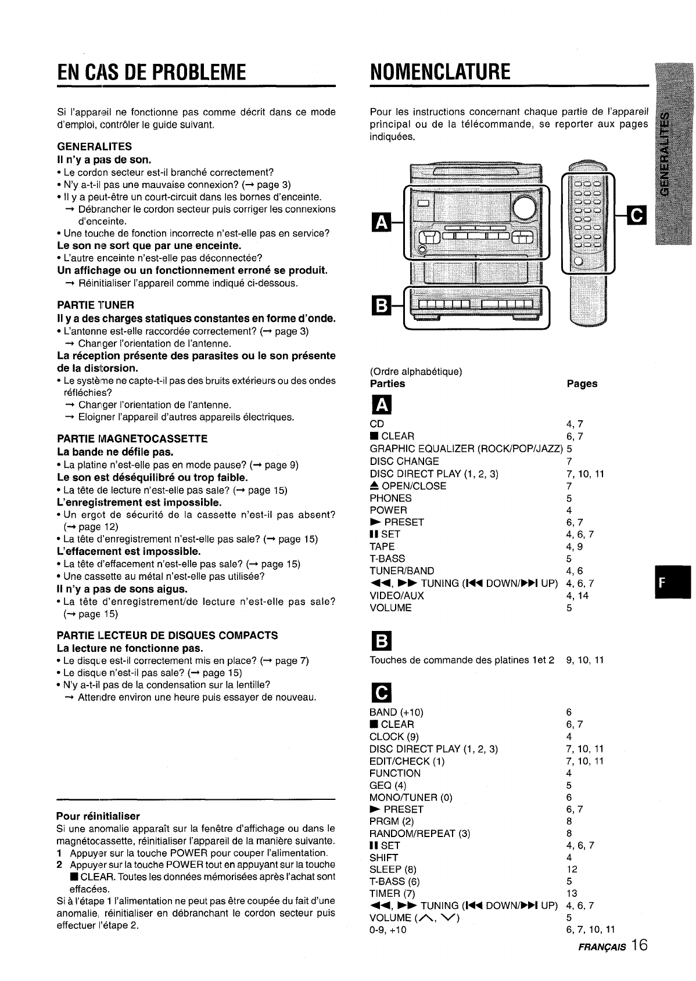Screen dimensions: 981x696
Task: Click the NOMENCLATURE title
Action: click(x=440, y=72)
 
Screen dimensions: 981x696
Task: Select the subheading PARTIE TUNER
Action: click(x=96, y=305)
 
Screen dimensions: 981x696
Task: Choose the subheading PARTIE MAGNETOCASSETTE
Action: click(x=132, y=438)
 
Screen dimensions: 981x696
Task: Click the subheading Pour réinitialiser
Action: click(x=98, y=816)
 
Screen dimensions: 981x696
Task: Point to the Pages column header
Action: click(x=582, y=384)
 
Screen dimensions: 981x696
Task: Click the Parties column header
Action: click(x=388, y=384)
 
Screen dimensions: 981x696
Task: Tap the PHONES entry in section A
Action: click(x=390, y=498)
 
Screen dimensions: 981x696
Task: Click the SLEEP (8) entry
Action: click(x=393, y=869)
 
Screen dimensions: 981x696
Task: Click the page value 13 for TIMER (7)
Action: click(x=572, y=893)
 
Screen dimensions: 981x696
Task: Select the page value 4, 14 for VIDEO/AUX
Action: click(x=577, y=596)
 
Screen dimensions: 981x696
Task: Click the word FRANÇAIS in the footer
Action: click(x=601, y=947)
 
